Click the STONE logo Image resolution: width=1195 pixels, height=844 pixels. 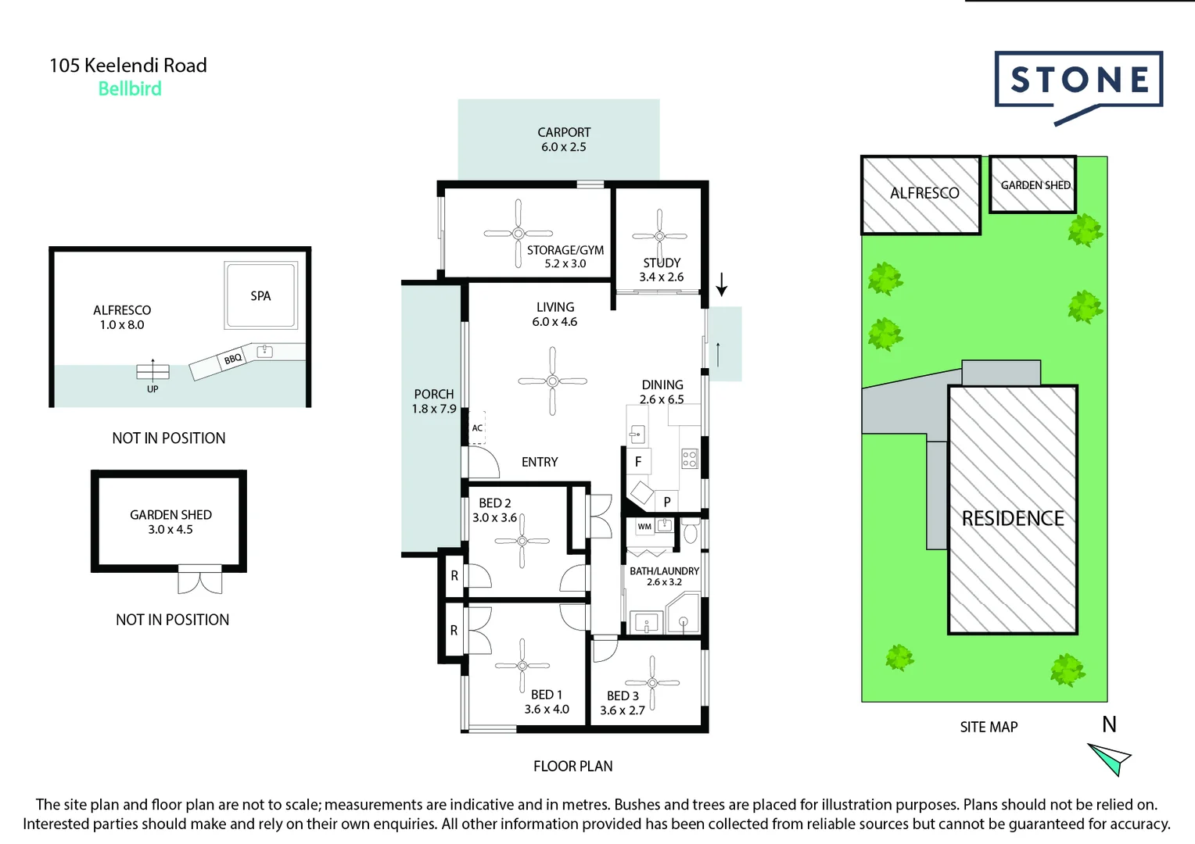(1078, 80)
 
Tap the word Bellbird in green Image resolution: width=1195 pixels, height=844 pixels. (130, 89)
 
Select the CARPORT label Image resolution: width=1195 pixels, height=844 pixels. (564, 133)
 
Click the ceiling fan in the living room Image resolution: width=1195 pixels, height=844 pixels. (552, 381)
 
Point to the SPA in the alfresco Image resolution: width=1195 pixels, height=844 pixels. (260, 296)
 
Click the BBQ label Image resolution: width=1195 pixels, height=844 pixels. (232, 359)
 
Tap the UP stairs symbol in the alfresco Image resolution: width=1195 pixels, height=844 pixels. (153, 372)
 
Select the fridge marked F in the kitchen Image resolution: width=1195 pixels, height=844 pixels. (638, 462)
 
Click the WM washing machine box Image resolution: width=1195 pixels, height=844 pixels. (644, 527)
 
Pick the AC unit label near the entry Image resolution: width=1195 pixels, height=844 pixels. (477, 428)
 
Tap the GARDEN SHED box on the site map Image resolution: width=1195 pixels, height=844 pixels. (1033, 185)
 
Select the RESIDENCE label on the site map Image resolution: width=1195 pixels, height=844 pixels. (1013, 519)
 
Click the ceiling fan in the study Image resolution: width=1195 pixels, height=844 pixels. (659, 235)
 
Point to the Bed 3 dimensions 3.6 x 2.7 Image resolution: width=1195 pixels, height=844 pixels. (623, 710)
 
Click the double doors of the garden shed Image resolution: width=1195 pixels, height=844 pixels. (199, 581)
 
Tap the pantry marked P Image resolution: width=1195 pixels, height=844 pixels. (667, 502)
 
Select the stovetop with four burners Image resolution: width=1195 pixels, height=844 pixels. (689, 459)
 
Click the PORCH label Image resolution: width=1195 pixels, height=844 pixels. (434, 395)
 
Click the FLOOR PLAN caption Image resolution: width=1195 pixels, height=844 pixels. (572, 767)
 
